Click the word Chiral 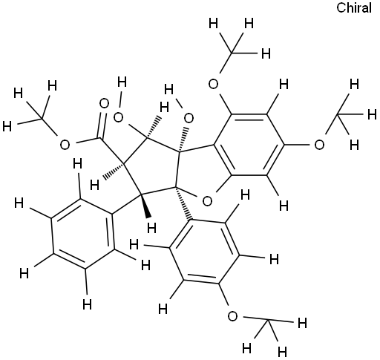click(x=354, y=7)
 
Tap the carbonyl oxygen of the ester click(x=104, y=103)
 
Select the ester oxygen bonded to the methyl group click(x=65, y=145)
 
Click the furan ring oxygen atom click(x=207, y=201)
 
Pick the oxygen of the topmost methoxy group click(x=213, y=84)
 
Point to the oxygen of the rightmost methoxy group click(x=319, y=145)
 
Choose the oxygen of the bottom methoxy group click(x=232, y=316)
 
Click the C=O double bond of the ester click(x=101, y=125)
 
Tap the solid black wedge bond click(x=145, y=206)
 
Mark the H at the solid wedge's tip click(x=151, y=228)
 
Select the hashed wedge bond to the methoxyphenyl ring click(x=183, y=203)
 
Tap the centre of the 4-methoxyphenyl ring click(x=204, y=251)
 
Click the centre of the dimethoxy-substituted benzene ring click(x=249, y=145)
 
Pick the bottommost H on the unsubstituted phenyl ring click(x=87, y=304)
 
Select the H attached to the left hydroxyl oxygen click(x=122, y=82)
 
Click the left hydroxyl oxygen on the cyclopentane click(x=118, y=117)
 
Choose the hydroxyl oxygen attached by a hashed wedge click(x=189, y=118)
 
